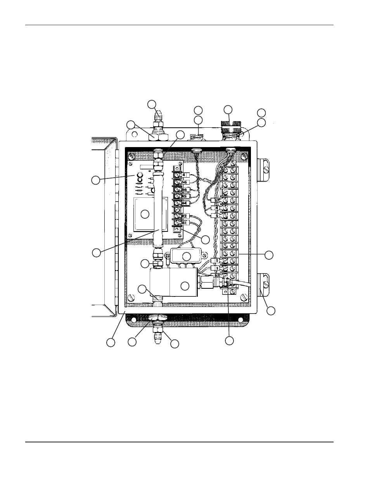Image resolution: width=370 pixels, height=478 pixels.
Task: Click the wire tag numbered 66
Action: pos(185,182)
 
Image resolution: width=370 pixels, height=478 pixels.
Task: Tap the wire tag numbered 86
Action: pos(185,189)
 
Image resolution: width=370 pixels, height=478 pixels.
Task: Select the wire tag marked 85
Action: pos(185,196)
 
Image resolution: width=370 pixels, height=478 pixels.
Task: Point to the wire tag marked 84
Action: pos(185,203)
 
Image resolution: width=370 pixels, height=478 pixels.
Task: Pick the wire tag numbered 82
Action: pos(185,216)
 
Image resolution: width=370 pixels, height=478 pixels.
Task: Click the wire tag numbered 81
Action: pos(185,223)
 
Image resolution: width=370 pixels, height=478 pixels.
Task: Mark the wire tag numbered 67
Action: pos(217,200)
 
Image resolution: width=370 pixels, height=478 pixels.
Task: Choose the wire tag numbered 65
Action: pos(217,275)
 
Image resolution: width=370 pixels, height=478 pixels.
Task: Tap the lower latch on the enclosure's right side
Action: pos(263,284)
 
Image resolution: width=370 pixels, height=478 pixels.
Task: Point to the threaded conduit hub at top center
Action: pos(197,136)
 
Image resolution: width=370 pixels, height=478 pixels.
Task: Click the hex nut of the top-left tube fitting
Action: pos(158,137)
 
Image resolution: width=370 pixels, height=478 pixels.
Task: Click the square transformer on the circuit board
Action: pos(144,214)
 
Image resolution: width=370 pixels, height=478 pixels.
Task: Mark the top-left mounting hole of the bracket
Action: pos(134,135)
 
